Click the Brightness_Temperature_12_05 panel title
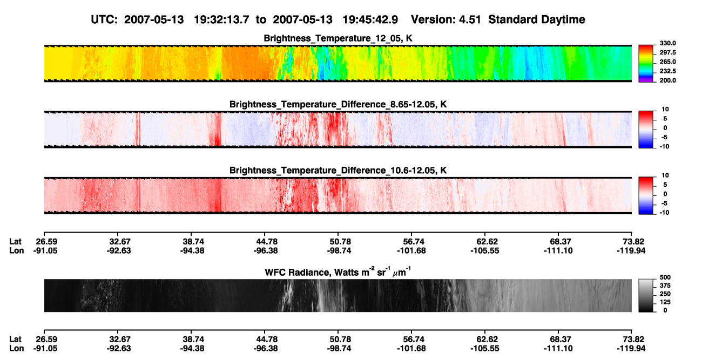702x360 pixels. tap(338, 38)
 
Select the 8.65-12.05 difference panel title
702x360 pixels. tap(338, 104)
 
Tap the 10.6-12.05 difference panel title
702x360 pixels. tap(338, 171)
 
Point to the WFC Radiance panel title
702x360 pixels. tap(338, 272)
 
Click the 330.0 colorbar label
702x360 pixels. tap(668, 43)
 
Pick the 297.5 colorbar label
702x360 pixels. tap(668, 53)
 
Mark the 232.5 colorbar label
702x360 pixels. tap(668, 71)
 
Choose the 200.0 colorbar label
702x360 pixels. tap(668, 80)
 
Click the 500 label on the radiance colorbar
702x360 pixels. tap(665, 277)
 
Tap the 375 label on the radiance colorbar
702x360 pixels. tap(665, 286)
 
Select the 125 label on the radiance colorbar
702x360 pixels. tap(665, 302)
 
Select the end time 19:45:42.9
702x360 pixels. tap(370, 19)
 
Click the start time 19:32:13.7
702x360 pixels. tap(221, 19)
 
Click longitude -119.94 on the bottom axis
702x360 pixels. tap(631, 349)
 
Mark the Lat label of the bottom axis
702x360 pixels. tap(15, 339)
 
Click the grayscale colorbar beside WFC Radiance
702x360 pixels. tap(646, 295)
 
